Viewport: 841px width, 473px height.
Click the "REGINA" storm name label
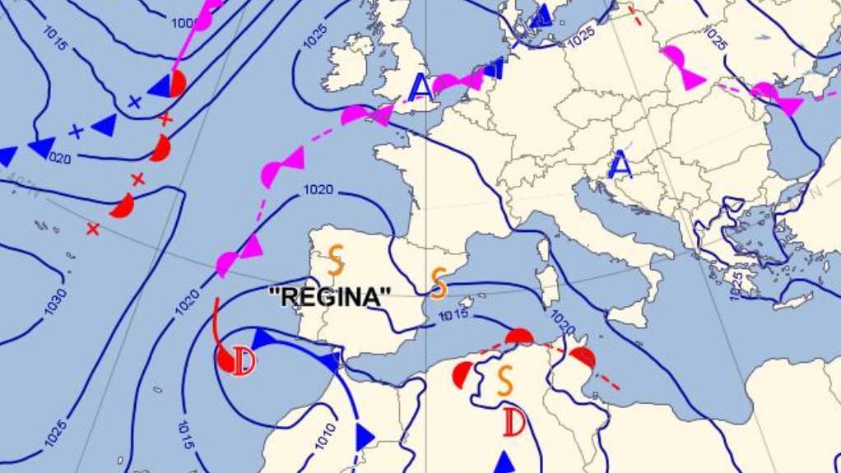click(331, 297)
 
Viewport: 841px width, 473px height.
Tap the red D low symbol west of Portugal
click(244, 360)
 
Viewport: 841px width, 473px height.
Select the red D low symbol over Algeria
click(514, 423)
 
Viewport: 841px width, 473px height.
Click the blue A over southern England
click(420, 86)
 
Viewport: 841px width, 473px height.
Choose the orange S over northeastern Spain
click(439, 283)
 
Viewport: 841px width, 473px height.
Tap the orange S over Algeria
click(505, 379)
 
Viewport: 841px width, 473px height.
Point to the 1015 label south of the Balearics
click(454, 315)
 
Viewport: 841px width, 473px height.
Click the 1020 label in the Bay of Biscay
click(318, 190)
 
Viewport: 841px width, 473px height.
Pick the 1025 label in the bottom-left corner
click(55, 434)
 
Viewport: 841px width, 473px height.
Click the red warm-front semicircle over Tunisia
click(583, 358)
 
